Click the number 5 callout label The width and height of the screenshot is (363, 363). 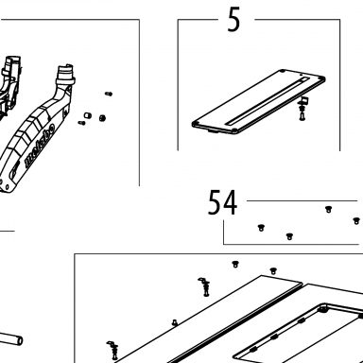[x=233, y=20]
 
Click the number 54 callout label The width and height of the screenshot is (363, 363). [x=222, y=202]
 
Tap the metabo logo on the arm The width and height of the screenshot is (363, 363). [x=40, y=145]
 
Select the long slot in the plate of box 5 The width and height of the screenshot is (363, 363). [x=267, y=101]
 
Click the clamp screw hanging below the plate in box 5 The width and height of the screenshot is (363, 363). [x=302, y=109]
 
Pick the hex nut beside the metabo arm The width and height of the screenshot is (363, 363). [x=102, y=118]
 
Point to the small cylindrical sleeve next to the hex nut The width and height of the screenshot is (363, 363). [x=87, y=115]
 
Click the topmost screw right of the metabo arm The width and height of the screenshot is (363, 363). [x=109, y=94]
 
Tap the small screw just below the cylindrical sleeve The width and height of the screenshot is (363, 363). [x=81, y=122]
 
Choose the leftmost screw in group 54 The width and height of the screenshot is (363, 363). [x=261, y=227]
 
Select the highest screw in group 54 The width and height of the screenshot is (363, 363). [x=328, y=209]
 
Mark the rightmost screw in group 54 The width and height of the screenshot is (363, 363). [x=356, y=220]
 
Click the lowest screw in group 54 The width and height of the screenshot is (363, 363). [x=289, y=236]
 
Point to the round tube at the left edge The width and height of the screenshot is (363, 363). [x=11, y=339]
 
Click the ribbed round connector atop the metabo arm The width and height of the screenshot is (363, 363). [x=65, y=74]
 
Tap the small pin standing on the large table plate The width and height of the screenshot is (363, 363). [x=174, y=322]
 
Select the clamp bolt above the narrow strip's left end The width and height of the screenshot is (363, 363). [x=204, y=286]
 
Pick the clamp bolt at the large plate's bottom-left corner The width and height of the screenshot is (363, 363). [x=113, y=351]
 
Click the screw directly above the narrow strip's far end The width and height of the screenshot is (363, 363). [x=273, y=270]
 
